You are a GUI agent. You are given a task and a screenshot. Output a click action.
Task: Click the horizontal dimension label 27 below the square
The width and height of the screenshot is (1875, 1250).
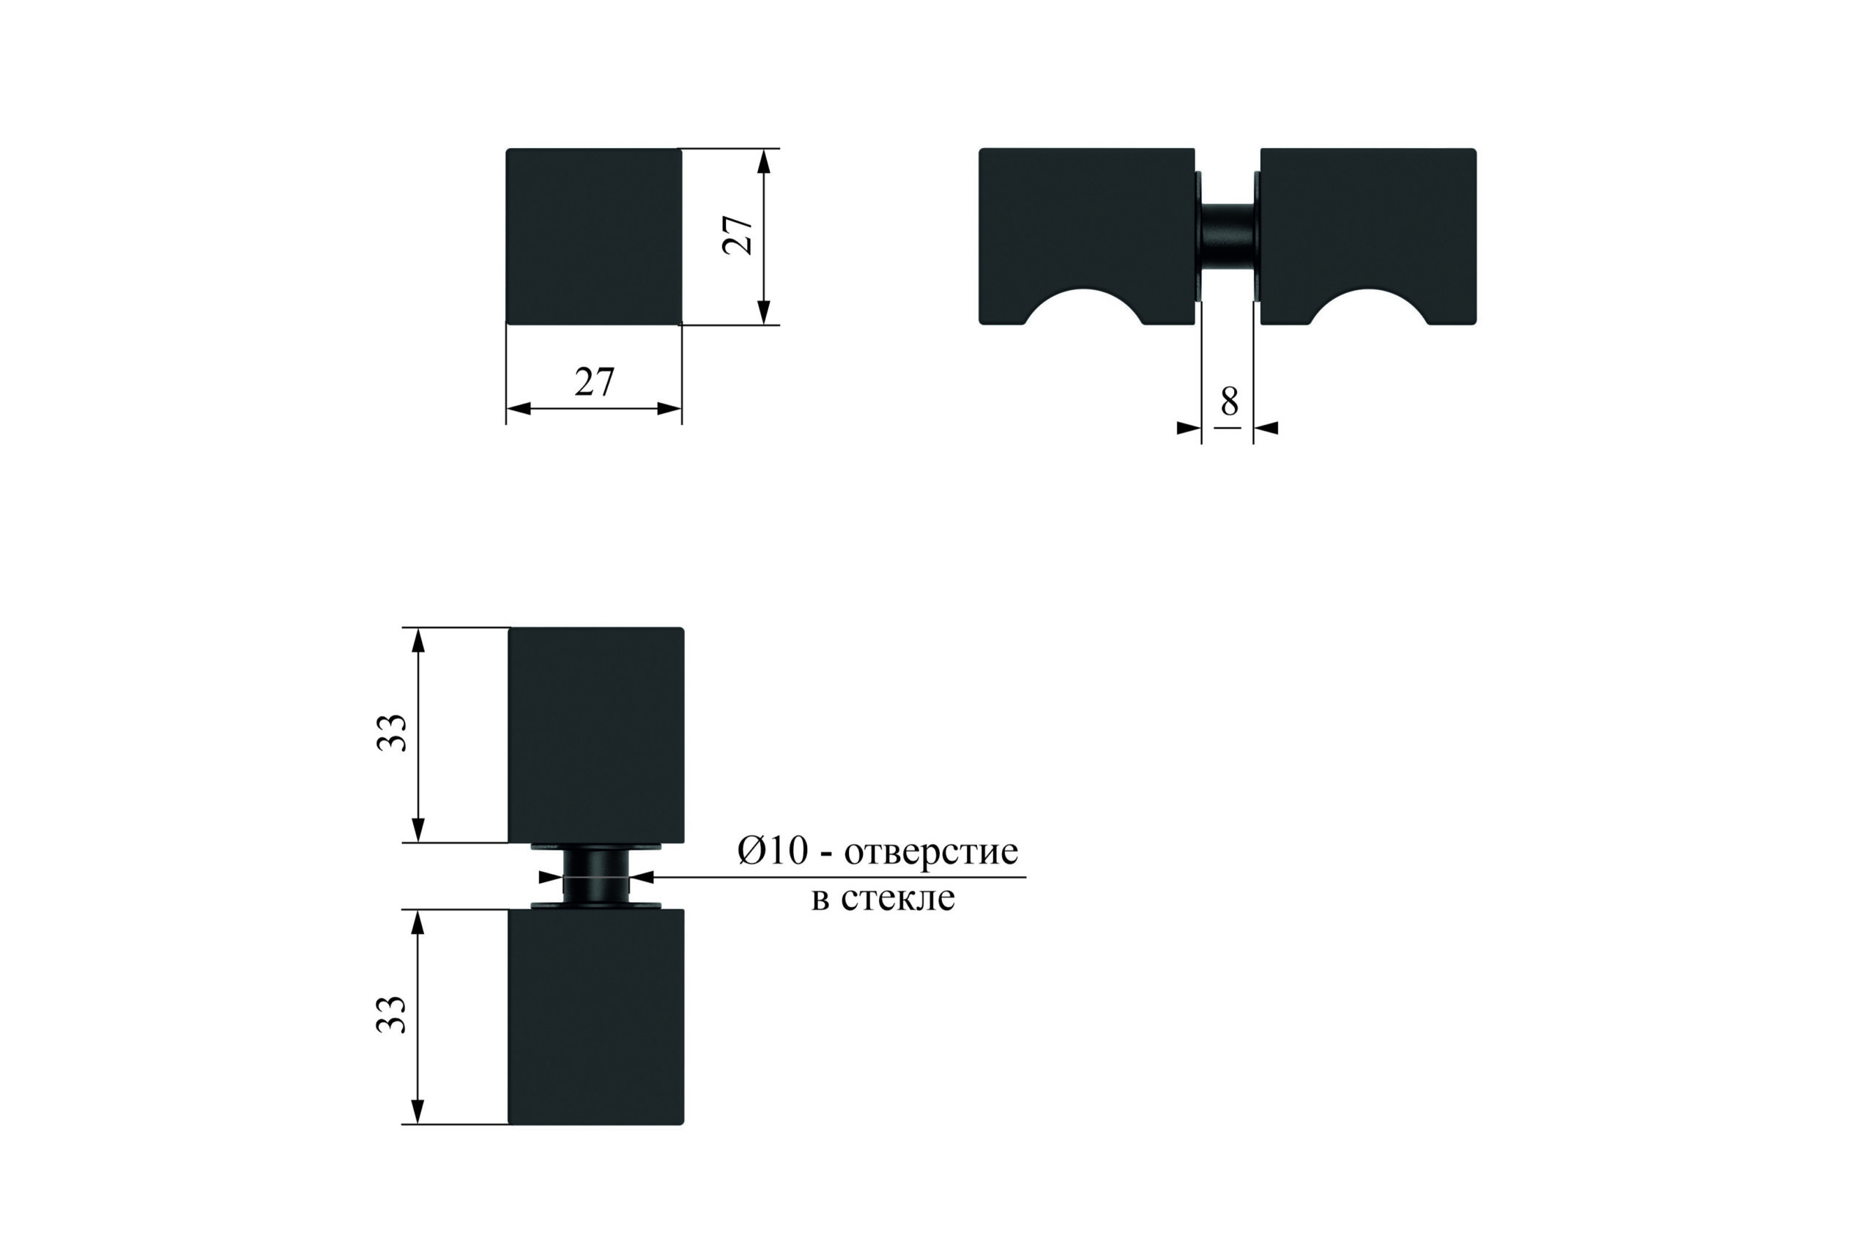[595, 382]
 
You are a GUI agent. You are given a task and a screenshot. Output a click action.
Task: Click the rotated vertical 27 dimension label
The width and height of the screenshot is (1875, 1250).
[738, 235]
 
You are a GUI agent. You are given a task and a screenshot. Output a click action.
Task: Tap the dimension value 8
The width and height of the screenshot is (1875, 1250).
[1230, 401]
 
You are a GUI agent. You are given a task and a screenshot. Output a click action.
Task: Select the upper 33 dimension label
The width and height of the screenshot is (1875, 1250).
[391, 733]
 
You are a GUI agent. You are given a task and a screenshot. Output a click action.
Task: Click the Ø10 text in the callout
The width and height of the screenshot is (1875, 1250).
[773, 851]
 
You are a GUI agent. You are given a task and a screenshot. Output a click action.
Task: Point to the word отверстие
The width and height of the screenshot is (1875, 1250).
[931, 852]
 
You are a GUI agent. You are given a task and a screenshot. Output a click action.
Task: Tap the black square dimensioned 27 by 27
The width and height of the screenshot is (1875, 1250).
[594, 236]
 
